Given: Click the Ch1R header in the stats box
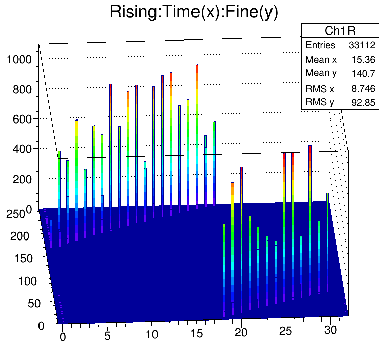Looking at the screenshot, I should (339, 30).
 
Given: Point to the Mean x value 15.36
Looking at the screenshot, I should (363, 59).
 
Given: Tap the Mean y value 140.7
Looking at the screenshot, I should (363, 73).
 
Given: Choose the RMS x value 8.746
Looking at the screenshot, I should (363, 89).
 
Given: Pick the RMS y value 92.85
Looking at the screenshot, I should (363, 103).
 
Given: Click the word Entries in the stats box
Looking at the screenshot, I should (320, 45).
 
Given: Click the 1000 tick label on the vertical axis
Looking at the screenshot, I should (19, 59).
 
